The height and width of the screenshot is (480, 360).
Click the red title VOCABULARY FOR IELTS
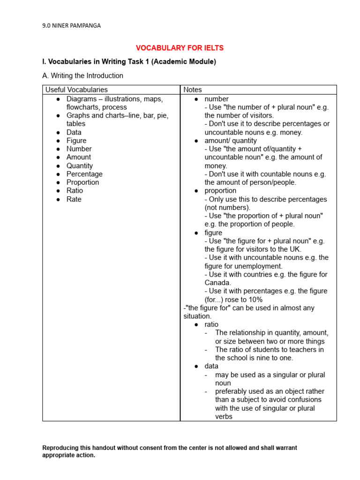180,48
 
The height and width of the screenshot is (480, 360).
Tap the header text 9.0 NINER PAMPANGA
71,26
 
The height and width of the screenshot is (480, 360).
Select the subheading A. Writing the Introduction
82,75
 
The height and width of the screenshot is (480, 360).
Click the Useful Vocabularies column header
76,90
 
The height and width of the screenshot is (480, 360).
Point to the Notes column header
193,90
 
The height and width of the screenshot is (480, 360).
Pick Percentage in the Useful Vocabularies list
84,174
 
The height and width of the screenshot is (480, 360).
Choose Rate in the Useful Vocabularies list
74,199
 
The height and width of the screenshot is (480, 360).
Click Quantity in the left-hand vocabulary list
80,165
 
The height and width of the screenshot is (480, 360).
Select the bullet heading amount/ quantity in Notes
231,141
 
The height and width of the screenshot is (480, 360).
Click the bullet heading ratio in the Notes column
211,324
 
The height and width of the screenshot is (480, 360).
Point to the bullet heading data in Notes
211,366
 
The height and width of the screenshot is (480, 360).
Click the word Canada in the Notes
217,283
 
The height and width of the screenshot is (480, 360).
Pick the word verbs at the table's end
224,416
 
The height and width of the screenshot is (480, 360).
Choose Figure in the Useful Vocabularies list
76,141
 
